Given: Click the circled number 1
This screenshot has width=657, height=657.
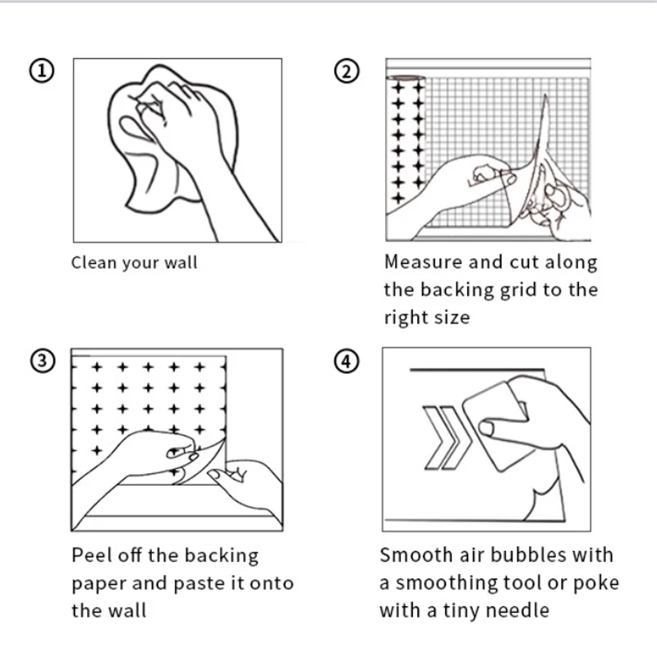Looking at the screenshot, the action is (x=42, y=71).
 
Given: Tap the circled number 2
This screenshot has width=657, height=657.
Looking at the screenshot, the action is (x=347, y=71).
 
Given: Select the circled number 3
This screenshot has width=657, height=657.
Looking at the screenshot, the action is (x=43, y=361).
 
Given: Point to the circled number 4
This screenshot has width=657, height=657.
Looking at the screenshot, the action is (x=347, y=361).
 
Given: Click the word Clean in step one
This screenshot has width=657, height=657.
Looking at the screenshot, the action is (x=94, y=263).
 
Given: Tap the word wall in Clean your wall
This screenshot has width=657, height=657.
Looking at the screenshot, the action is (x=181, y=263).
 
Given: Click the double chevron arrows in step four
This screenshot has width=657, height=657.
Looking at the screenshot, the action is (x=448, y=438).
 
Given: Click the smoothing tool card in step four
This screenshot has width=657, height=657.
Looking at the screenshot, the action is (x=498, y=426).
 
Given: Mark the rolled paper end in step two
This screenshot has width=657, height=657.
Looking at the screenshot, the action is (x=406, y=78).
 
